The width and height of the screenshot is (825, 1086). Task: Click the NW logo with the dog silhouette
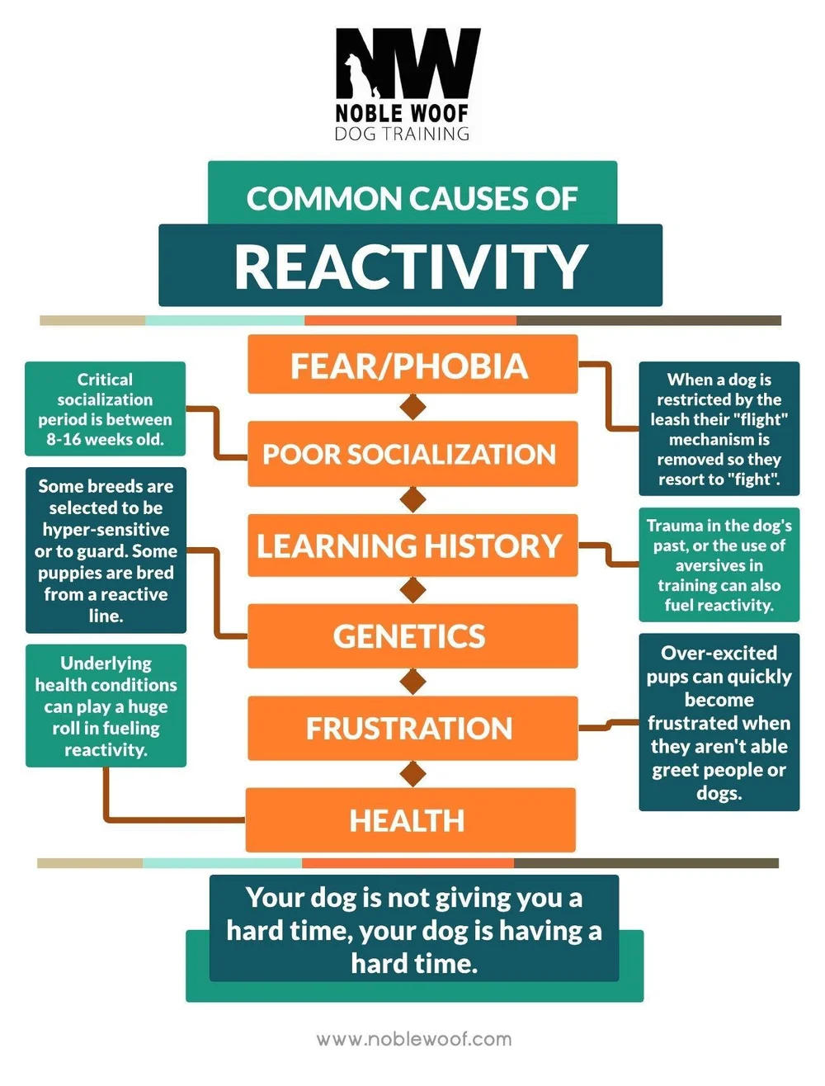point(407,64)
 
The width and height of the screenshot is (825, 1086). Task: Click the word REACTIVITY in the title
point(410,267)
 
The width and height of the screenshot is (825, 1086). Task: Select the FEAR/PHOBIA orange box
point(412,365)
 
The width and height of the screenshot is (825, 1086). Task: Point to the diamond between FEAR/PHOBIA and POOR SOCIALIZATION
point(412,407)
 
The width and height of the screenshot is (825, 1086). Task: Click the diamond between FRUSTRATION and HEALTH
point(412,774)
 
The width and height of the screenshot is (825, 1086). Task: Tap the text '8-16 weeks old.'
point(105,440)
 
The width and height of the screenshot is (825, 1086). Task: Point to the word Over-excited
point(719,653)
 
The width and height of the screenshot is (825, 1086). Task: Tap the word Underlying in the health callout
point(106,663)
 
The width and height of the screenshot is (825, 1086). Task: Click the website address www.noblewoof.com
point(413,1039)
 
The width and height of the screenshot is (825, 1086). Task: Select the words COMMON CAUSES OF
point(412,199)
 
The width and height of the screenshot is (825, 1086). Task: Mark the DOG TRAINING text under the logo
point(402,133)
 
